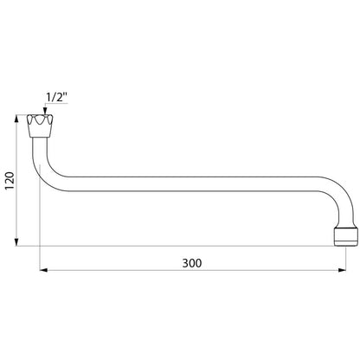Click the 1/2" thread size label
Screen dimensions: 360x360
[x=57, y=97]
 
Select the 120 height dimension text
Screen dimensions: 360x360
[x=10, y=181]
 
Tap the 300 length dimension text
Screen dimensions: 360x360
[x=192, y=263]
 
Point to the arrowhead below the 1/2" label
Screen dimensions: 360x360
[x=44, y=112]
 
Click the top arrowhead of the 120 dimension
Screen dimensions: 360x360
[x=16, y=119]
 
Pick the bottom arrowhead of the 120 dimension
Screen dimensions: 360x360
[x=16, y=242]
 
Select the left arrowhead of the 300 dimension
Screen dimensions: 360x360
[x=43, y=270]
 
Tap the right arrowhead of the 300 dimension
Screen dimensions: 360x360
[x=342, y=270]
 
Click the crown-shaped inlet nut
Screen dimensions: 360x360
[x=40, y=125]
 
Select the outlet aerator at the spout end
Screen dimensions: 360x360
[x=346, y=237]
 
